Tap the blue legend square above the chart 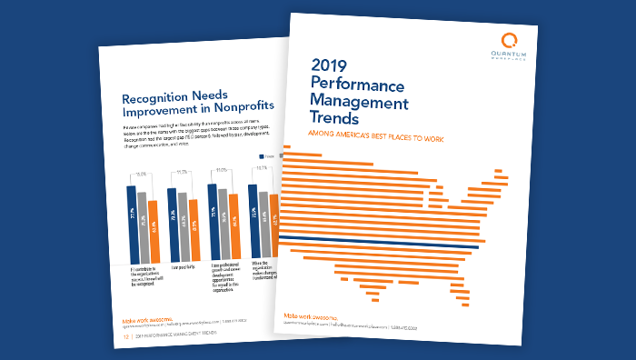[252, 156]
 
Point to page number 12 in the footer [125, 335]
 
